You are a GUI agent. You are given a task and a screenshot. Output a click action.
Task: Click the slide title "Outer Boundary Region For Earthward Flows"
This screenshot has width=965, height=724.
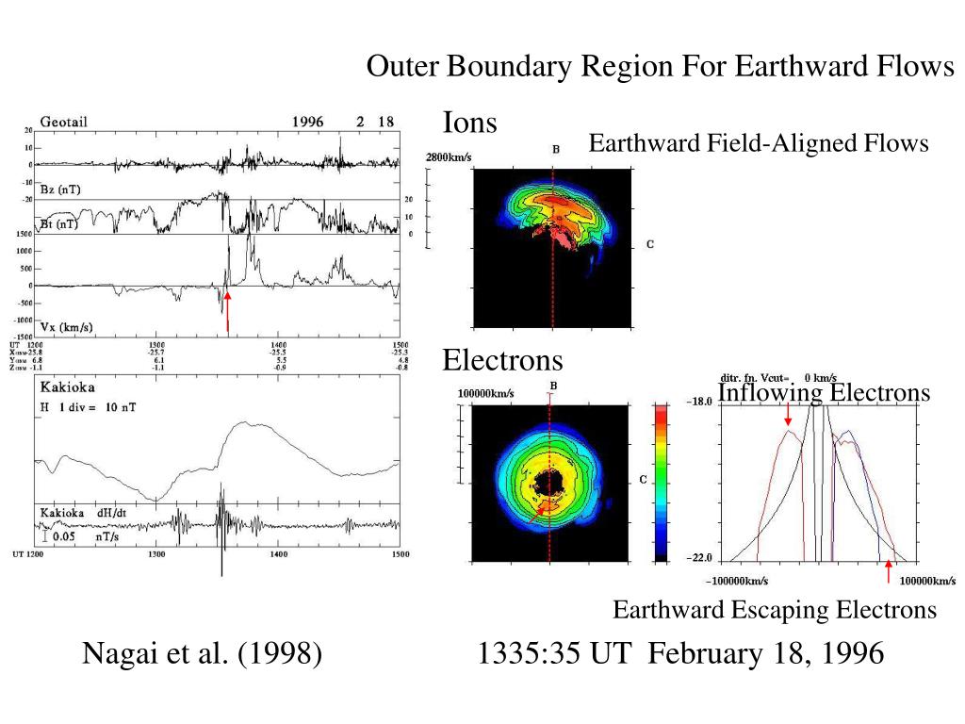click(661, 67)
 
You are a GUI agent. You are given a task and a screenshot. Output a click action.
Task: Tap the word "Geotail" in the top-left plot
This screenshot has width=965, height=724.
click(63, 123)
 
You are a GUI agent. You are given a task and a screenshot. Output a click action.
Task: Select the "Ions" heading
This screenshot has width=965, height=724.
click(470, 122)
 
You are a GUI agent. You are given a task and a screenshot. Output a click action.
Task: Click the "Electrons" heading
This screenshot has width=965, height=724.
click(503, 360)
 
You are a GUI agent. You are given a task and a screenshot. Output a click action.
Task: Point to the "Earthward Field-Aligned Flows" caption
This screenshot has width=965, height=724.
click(759, 143)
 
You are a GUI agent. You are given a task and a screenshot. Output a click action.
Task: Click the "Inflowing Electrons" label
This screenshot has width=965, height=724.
click(824, 392)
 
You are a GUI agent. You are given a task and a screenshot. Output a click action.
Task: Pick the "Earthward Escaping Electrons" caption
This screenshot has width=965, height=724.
click(775, 610)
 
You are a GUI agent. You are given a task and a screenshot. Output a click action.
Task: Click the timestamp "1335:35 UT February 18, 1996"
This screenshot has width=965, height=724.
click(681, 652)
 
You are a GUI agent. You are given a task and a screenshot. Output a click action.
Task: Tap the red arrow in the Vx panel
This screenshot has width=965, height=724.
click(228, 311)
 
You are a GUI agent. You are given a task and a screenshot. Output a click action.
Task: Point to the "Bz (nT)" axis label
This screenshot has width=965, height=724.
click(59, 189)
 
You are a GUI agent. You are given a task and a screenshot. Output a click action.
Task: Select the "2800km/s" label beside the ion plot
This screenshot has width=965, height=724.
click(449, 157)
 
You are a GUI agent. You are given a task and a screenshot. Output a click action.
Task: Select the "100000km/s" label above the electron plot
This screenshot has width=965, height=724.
click(486, 392)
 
